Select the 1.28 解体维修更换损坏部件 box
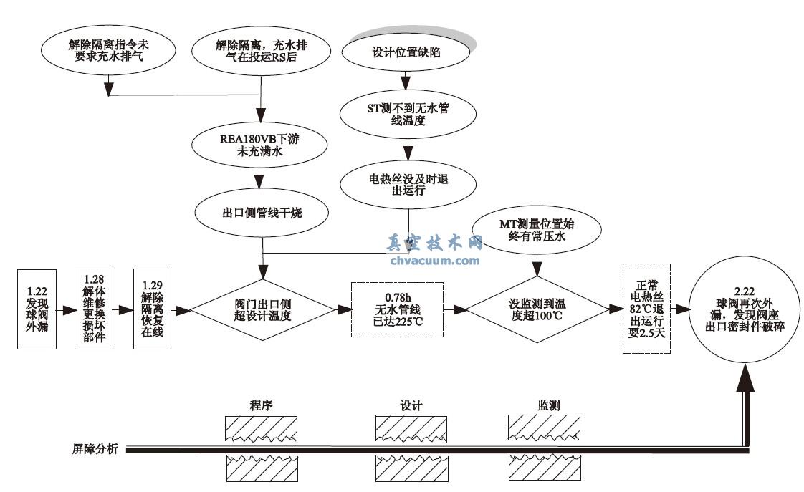(94, 309)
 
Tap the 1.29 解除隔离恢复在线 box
(153, 309)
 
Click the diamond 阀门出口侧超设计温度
(262, 309)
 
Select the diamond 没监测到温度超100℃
(536, 309)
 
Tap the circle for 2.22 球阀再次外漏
(747, 309)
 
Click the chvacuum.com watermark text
(436, 261)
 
